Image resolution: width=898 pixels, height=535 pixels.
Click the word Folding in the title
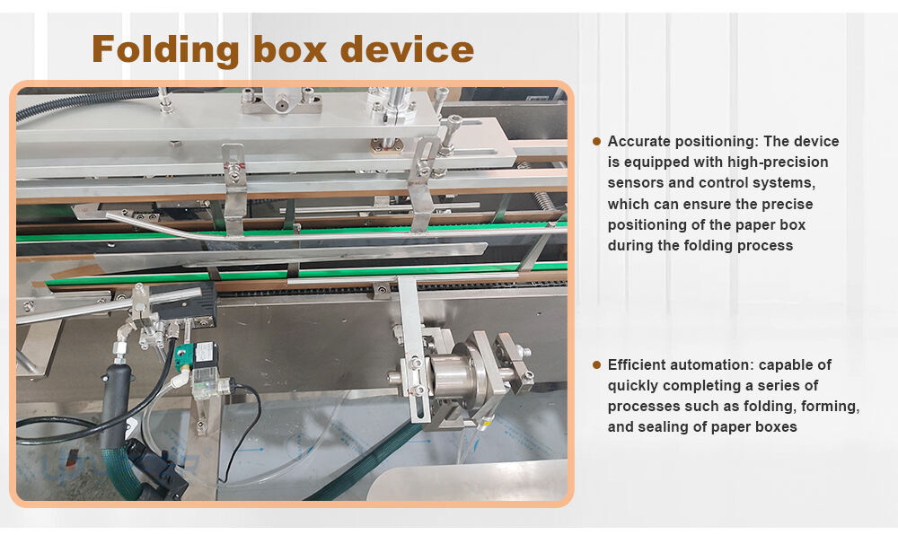[165, 50]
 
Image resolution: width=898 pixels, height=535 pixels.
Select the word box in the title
[290, 49]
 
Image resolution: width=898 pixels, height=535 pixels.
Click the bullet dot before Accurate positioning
[597, 141]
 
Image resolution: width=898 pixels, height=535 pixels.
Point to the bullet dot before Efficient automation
[597, 364]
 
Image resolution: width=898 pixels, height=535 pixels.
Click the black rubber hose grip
[116, 401]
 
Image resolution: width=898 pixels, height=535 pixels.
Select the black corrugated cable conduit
[86, 101]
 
